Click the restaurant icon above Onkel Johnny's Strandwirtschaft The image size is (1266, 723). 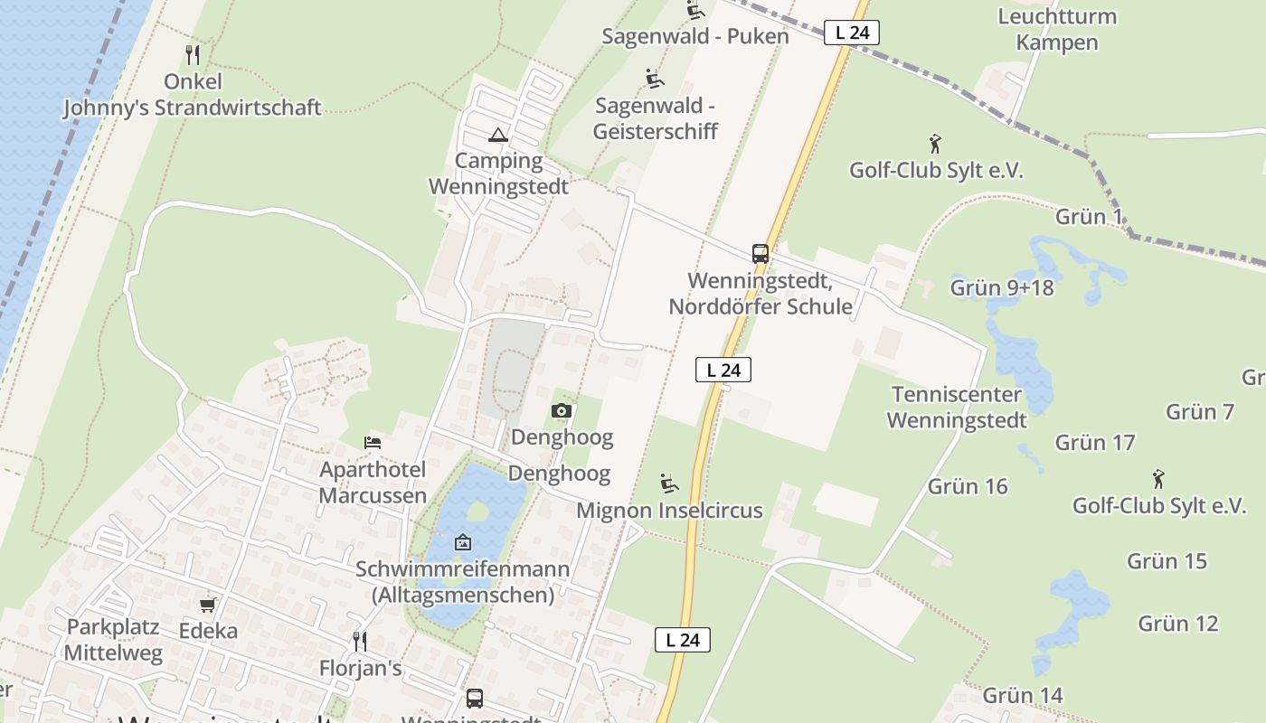(x=192, y=55)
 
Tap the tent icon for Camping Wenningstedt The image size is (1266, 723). (x=497, y=136)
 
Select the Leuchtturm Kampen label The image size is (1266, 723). (x=1056, y=29)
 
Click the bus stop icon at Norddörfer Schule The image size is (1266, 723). (x=760, y=254)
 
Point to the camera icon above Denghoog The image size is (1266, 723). (x=562, y=411)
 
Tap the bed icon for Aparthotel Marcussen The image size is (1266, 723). (x=373, y=443)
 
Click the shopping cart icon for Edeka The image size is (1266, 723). (x=208, y=605)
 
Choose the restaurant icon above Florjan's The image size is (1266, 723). (x=360, y=642)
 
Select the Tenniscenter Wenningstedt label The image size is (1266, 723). (x=957, y=407)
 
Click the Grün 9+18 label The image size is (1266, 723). (x=1002, y=287)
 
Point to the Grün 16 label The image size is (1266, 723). (x=968, y=486)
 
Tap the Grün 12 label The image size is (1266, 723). (x=1177, y=623)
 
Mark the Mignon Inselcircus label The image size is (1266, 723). (x=669, y=511)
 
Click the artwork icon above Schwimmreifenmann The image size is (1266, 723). (x=463, y=542)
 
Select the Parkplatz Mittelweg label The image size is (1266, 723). (x=113, y=640)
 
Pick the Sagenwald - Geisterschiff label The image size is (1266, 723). (x=656, y=118)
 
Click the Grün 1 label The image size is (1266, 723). (x=1089, y=216)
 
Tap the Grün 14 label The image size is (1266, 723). (x=1022, y=695)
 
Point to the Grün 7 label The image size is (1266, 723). (x=1200, y=412)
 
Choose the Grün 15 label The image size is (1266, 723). (x=1167, y=560)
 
